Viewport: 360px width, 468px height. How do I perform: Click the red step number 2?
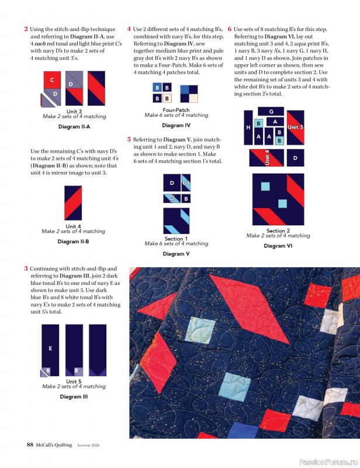pyautogui.click(x=26, y=29)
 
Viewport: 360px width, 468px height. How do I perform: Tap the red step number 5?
pyautogui.click(x=129, y=140)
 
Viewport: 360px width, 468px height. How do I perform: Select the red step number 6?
pyautogui.click(x=230, y=29)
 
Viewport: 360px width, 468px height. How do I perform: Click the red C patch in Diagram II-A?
pyautogui.click(x=52, y=80)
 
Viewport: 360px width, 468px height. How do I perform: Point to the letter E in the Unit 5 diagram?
pyautogui.click(x=50, y=348)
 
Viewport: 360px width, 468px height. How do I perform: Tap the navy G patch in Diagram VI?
pyautogui.click(x=271, y=112)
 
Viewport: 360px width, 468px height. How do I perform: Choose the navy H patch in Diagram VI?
pyautogui.click(x=248, y=127)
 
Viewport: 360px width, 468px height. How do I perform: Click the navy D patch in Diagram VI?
pyautogui.click(x=295, y=158)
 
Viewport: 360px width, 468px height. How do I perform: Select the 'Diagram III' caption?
pyautogui.click(x=74, y=397)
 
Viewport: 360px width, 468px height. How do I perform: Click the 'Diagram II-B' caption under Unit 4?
pyautogui.click(x=74, y=241)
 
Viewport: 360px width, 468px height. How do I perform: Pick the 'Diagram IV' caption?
pyautogui.click(x=176, y=125)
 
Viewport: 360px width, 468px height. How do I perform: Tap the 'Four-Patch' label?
pyautogui.click(x=176, y=110)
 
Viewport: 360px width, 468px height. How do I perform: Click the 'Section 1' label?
pyautogui.click(x=176, y=239)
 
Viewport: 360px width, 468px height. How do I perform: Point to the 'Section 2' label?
pyautogui.click(x=278, y=230)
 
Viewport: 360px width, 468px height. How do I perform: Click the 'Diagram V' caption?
pyautogui.click(x=176, y=254)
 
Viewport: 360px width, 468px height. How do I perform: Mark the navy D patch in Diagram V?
pyautogui.click(x=171, y=183)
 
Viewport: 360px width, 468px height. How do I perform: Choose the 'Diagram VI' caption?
pyautogui.click(x=278, y=246)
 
